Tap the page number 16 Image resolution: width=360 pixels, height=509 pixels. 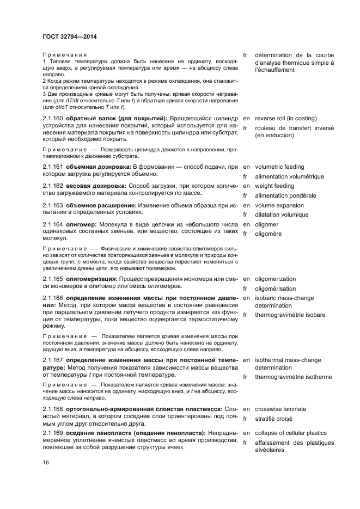click(x=46, y=462)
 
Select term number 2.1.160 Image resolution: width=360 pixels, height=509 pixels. click(x=53, y=118)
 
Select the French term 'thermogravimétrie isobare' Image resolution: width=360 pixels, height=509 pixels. click(x=297, y=315)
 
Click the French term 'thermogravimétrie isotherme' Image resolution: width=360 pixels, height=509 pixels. click(x=301, y=377)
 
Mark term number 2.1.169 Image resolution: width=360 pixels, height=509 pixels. click(x=53, y=433)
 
